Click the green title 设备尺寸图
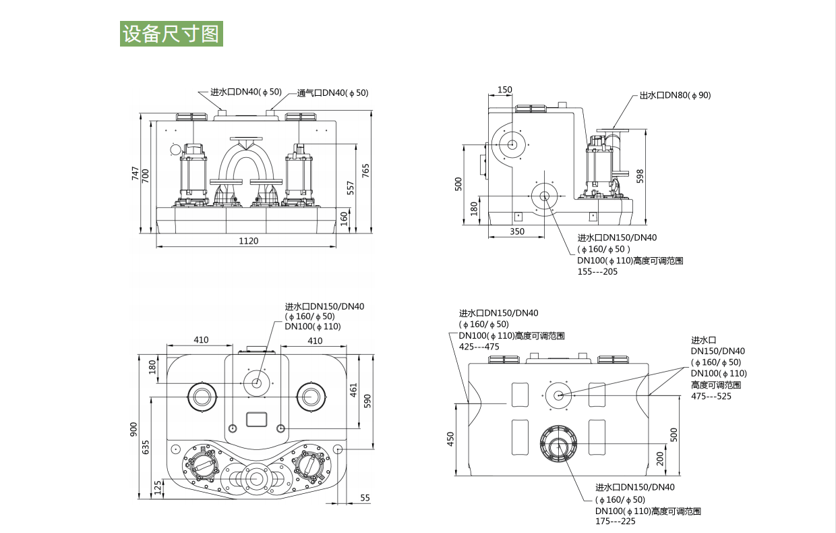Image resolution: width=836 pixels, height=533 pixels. [171, 34]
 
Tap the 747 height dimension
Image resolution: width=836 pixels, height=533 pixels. [135, 174]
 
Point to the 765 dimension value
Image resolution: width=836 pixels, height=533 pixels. [366, 170]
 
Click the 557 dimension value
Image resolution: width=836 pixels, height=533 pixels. [350, 188]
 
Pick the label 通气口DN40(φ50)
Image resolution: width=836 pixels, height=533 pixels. [332, 92]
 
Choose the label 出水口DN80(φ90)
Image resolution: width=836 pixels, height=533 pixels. [675, 95]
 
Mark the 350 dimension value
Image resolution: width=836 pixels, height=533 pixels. [516, 231]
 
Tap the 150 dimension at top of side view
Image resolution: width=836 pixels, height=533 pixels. [504, 90]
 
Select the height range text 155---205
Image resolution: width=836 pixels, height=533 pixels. [597, 272]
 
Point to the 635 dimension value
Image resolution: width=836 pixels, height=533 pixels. [146, 447]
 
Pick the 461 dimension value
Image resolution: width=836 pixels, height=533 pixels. [354, 391]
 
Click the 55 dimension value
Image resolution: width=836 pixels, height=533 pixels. [365, 497]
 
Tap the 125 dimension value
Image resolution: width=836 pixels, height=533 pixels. [158, 487]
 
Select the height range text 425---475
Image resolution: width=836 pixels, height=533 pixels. [479, 347]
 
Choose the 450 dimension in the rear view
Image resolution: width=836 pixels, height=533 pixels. [452, 439]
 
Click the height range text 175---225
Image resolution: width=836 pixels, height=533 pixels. [615, 522]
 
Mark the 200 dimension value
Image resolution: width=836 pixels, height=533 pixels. [661, 459]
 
